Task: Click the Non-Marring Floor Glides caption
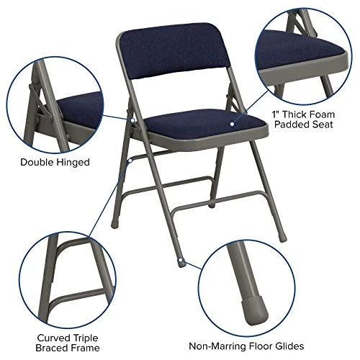(256, 346)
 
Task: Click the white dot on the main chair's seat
(233, 124)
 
